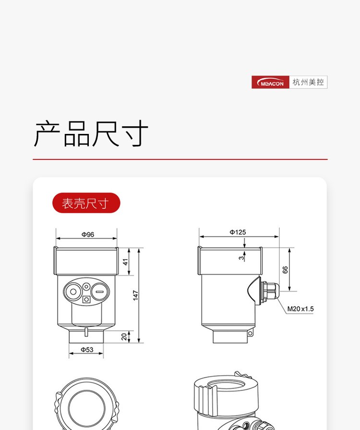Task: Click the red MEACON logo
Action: [270, 82]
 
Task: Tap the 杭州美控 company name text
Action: [308, 82]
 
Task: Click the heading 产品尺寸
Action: [91, 133]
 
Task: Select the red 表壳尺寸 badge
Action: [86, 203]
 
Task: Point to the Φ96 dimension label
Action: [88, 235]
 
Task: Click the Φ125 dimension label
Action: [238, 232]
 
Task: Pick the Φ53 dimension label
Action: [87, 350]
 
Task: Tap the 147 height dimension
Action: [135, 295]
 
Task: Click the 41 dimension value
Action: [125, 262]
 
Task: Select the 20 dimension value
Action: [124, 336]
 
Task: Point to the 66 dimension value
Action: [285, 270]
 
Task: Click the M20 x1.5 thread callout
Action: [300, 309]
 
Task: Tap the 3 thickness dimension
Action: [241, 258]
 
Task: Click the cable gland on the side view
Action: [269, 292]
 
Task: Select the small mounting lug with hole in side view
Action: [250, 334]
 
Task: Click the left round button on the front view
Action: [73, 291]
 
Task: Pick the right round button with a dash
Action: [100, 291]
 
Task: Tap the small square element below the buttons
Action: [86, 299]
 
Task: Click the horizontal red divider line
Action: [180, 159]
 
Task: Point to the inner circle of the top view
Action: [69, 408]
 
